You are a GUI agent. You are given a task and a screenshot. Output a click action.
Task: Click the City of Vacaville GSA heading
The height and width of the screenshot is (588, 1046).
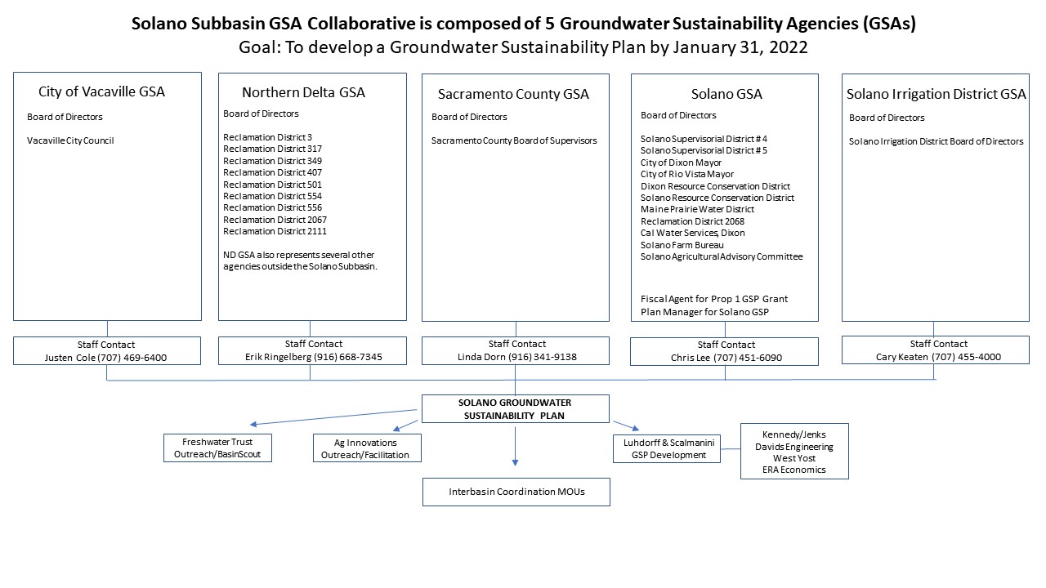(x=101, y=91)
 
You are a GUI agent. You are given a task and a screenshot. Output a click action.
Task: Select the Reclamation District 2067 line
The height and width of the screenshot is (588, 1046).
(x=275, y=220)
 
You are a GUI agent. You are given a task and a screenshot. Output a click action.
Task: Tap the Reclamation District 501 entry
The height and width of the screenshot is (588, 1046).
(x=272, y=185)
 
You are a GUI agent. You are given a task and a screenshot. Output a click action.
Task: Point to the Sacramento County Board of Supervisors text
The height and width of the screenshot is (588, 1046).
(x=514, y=140)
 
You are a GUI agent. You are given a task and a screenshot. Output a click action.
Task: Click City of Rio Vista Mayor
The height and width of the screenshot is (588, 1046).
(x=687, y=174)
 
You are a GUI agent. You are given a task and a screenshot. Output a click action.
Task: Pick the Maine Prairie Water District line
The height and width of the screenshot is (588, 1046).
(x=697, y=209)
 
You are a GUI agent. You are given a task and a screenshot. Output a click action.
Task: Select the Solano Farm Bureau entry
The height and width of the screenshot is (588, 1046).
(x=681, y=245)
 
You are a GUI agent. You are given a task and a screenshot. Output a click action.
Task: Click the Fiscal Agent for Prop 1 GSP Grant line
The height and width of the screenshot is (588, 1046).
(x=714, y=299)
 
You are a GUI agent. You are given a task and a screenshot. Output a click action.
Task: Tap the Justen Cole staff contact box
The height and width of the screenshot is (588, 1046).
(x=107, y=351)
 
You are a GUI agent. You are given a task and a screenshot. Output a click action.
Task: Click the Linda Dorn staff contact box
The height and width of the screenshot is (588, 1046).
(x=515, y=351)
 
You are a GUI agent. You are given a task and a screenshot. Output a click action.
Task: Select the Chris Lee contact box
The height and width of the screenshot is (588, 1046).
(x=724, y=351)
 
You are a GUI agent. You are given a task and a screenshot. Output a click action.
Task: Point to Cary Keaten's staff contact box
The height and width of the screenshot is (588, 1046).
(x=935, y=350)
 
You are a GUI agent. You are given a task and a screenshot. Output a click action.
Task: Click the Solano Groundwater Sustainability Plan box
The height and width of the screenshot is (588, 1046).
(x=515, y=409)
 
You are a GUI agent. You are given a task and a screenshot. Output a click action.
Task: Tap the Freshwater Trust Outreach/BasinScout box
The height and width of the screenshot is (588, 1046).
(x=217, y=448)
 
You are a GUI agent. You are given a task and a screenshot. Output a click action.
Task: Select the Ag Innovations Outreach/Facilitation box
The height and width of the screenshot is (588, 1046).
(x=366, y=448)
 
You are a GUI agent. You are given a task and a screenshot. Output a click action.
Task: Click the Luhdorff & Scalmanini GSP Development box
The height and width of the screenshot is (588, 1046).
(x=667, y=448)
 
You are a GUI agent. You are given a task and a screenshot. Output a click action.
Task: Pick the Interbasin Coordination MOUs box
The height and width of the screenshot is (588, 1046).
(x=516, y=492)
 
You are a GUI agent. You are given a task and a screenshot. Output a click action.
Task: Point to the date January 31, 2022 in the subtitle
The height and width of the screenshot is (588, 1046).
(x=740, y=47)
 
